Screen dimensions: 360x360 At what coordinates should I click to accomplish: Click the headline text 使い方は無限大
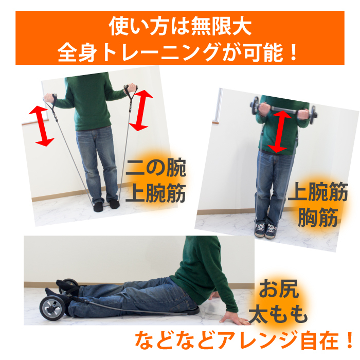[180, 26]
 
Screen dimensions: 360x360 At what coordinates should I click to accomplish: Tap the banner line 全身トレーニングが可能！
[177, 52]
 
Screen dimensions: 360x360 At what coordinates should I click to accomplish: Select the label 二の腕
[156, 168]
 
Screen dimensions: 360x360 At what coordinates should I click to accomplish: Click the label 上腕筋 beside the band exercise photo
[156, 193]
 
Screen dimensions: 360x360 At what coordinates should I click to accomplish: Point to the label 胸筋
[318, 217]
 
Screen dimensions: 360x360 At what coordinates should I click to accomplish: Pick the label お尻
[279, 289]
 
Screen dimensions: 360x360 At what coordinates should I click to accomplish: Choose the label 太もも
[278, 314]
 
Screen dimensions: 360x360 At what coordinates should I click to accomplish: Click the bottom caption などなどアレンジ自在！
[244, 340]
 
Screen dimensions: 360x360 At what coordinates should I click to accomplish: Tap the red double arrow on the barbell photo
[279, 132]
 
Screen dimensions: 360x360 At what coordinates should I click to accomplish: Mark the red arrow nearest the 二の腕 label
[141, 111]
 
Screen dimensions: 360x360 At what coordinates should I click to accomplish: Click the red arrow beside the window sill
[42, 126]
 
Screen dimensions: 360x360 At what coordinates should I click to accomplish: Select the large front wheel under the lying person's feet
[52, 308]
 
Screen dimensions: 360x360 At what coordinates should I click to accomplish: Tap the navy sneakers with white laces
[265, 230]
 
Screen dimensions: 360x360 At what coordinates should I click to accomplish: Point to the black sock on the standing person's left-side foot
[99, 207]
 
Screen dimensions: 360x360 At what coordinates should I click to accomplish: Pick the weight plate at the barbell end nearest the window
[255, 105]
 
